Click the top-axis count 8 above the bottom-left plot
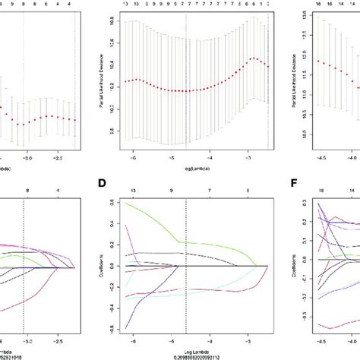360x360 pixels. pyautogui.click(x=27, y=192)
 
